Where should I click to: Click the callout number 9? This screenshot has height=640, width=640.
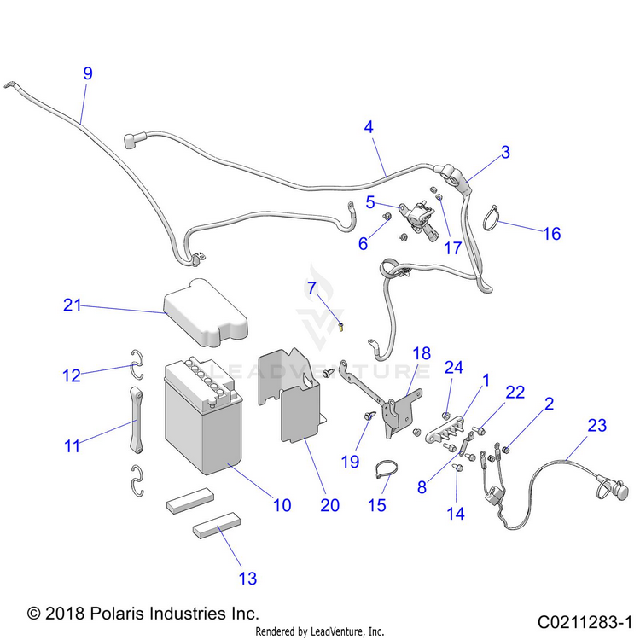[x=87, y=73]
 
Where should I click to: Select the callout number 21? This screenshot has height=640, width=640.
[x=73, y=305]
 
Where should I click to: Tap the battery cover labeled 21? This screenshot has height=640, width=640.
[x=202, y=313]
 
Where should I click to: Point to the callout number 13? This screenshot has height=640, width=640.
[x=247, y=579]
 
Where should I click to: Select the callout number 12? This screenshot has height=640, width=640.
[x=72, y=374]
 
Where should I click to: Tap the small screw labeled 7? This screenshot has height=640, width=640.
[x=341, y=325]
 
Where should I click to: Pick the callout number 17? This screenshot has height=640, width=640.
[x=451, y=248]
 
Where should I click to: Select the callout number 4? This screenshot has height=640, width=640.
[x=369, y=127]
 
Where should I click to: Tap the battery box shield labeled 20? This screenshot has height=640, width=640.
[x=290, y=393]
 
